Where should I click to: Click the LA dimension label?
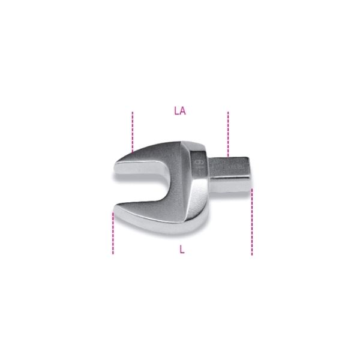pyautogui.click(x=179, y=110)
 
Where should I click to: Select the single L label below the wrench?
pyautogui.click(x=182, y=250)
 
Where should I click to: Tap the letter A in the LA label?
pyautogui.click(x=182, y=110)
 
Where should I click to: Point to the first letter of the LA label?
pyautogui.click(x=176, y=110)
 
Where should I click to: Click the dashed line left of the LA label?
pyautogui.click(x=133, y=132)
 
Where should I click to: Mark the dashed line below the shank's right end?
pyautogui.click(x=252, y=222)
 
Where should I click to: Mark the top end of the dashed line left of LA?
pyautogui.click(x=133, y=112)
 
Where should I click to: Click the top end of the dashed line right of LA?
pyautogui.click(x=228, y=112)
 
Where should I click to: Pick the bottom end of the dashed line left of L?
pyautogui.click(x=113, y=254)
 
